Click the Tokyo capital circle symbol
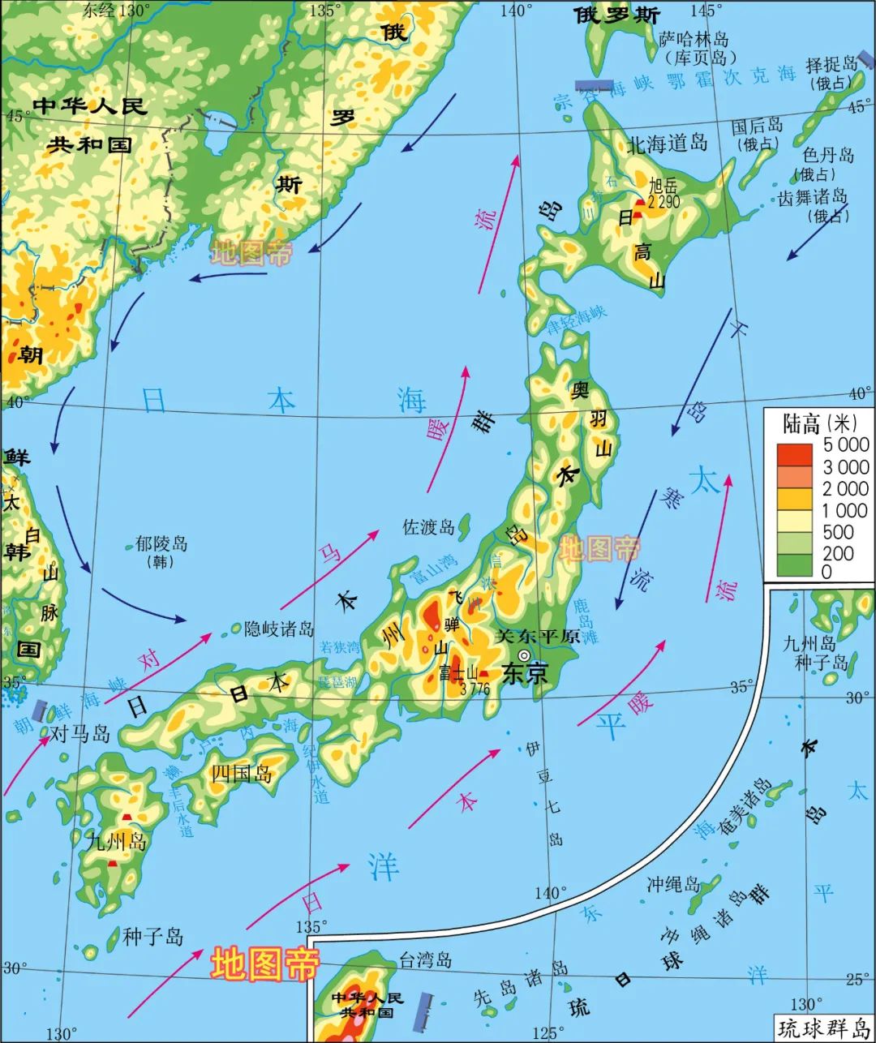tap(525, 655)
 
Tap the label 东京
tap(525, 673)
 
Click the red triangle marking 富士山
tap(483, 673)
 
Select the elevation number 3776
tap(474, 689)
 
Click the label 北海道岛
tap(668, 144)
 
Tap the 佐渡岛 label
tap(428, 527)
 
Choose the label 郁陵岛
tap(161, 543)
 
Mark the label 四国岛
tap(241, 774)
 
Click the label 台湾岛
tap(425, 961)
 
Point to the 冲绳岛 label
tap(673, 884)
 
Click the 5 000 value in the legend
tap(846, 444)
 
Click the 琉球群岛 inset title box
tap(822, 1028)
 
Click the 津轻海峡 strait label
tap(577, 320)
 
